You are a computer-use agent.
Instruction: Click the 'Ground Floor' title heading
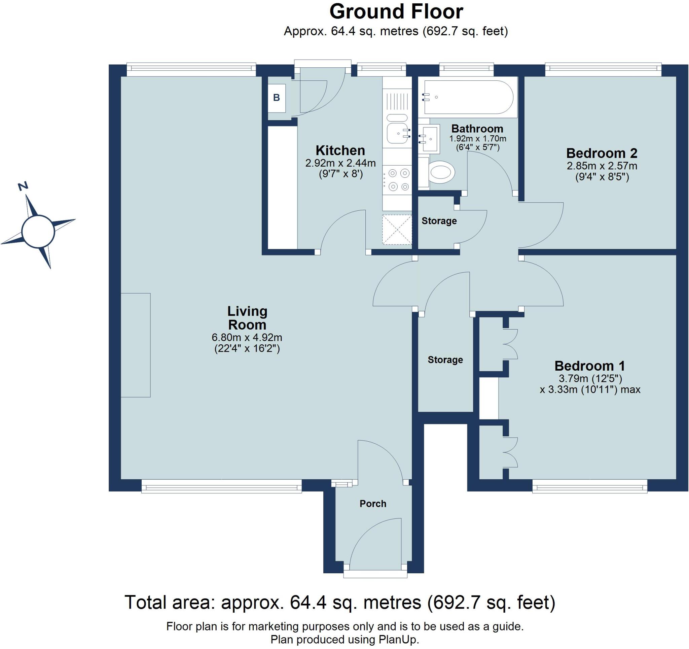click(396, 11)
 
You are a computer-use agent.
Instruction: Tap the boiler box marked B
click(277, 98)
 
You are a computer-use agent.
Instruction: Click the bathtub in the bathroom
click(468, 97)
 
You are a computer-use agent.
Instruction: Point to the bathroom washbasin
click(429, 139)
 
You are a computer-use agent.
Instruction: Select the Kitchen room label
click(340, 150)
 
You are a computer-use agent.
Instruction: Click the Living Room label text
click(248, 318)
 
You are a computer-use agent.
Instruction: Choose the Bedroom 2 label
click(602, 153)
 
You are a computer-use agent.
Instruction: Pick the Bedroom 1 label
click(589, 366)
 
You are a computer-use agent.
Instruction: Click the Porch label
click(373, 503)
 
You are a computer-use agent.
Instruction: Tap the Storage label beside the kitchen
click(439, 221)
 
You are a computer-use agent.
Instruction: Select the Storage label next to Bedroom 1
click(445, 360)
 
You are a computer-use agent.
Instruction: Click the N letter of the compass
click(23, 186)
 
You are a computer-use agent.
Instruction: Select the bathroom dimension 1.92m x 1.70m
click(478, 139)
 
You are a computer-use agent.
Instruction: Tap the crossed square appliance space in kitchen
click(397, 230)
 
